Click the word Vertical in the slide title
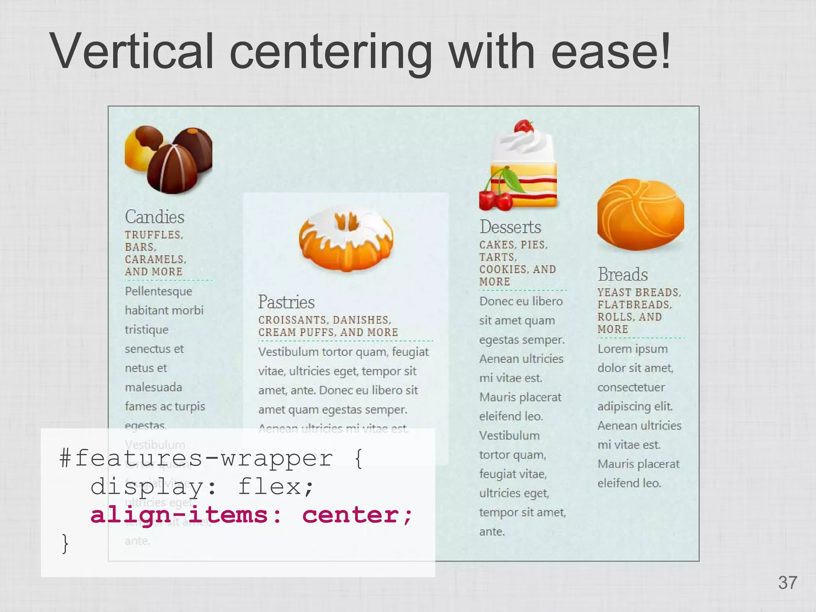tap(132, 52)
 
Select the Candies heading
tap(155, 217)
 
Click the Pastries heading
tap(286, 302)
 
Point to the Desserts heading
tap(510, 227)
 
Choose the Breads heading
tap(623, 275)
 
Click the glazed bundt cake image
tap(346, 239)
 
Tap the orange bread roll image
tap(640, 214)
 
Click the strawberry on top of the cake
tap(524, 126)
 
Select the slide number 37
tap(787, 583)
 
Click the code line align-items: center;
tap(251, 515)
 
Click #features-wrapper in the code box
tap(196, 458)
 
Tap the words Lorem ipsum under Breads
tap(632, 349)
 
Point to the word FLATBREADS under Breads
tap(634, 305)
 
